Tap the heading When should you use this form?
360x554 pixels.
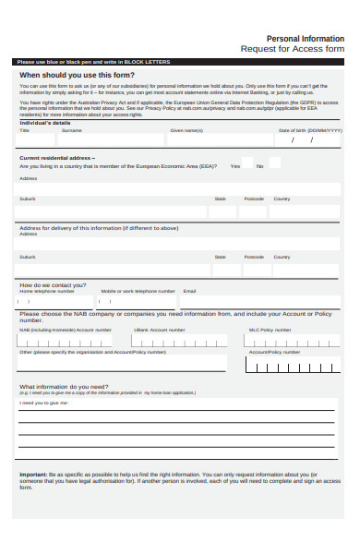click(78, 75)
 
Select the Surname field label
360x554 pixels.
click(71, 131)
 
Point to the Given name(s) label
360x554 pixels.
click(186, 131)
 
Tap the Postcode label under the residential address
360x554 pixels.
click(253, 199)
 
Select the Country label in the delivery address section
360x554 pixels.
click(282, 257)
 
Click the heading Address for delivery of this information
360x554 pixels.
click(98, 228)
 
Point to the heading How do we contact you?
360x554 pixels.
click(56, 284)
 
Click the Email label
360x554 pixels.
click(189, 291)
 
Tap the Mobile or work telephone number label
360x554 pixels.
click(138, 291)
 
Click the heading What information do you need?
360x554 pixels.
click(65, 386)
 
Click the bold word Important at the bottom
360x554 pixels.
click(33, 475)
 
